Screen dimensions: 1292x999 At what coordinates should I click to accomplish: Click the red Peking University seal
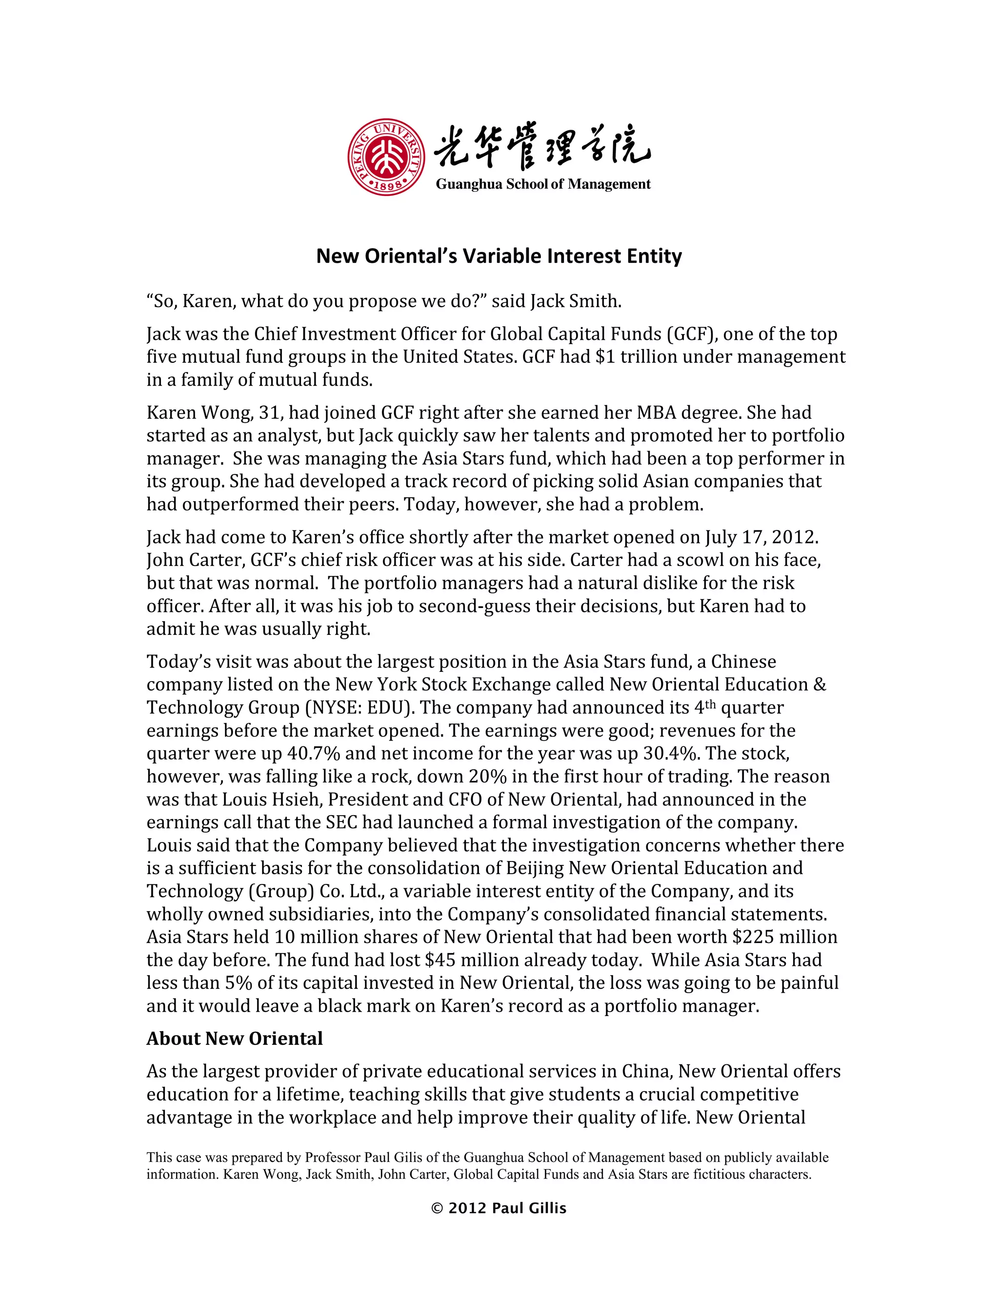pos(386,157)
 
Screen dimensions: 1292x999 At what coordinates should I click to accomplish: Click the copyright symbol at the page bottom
pos(438,1209)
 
